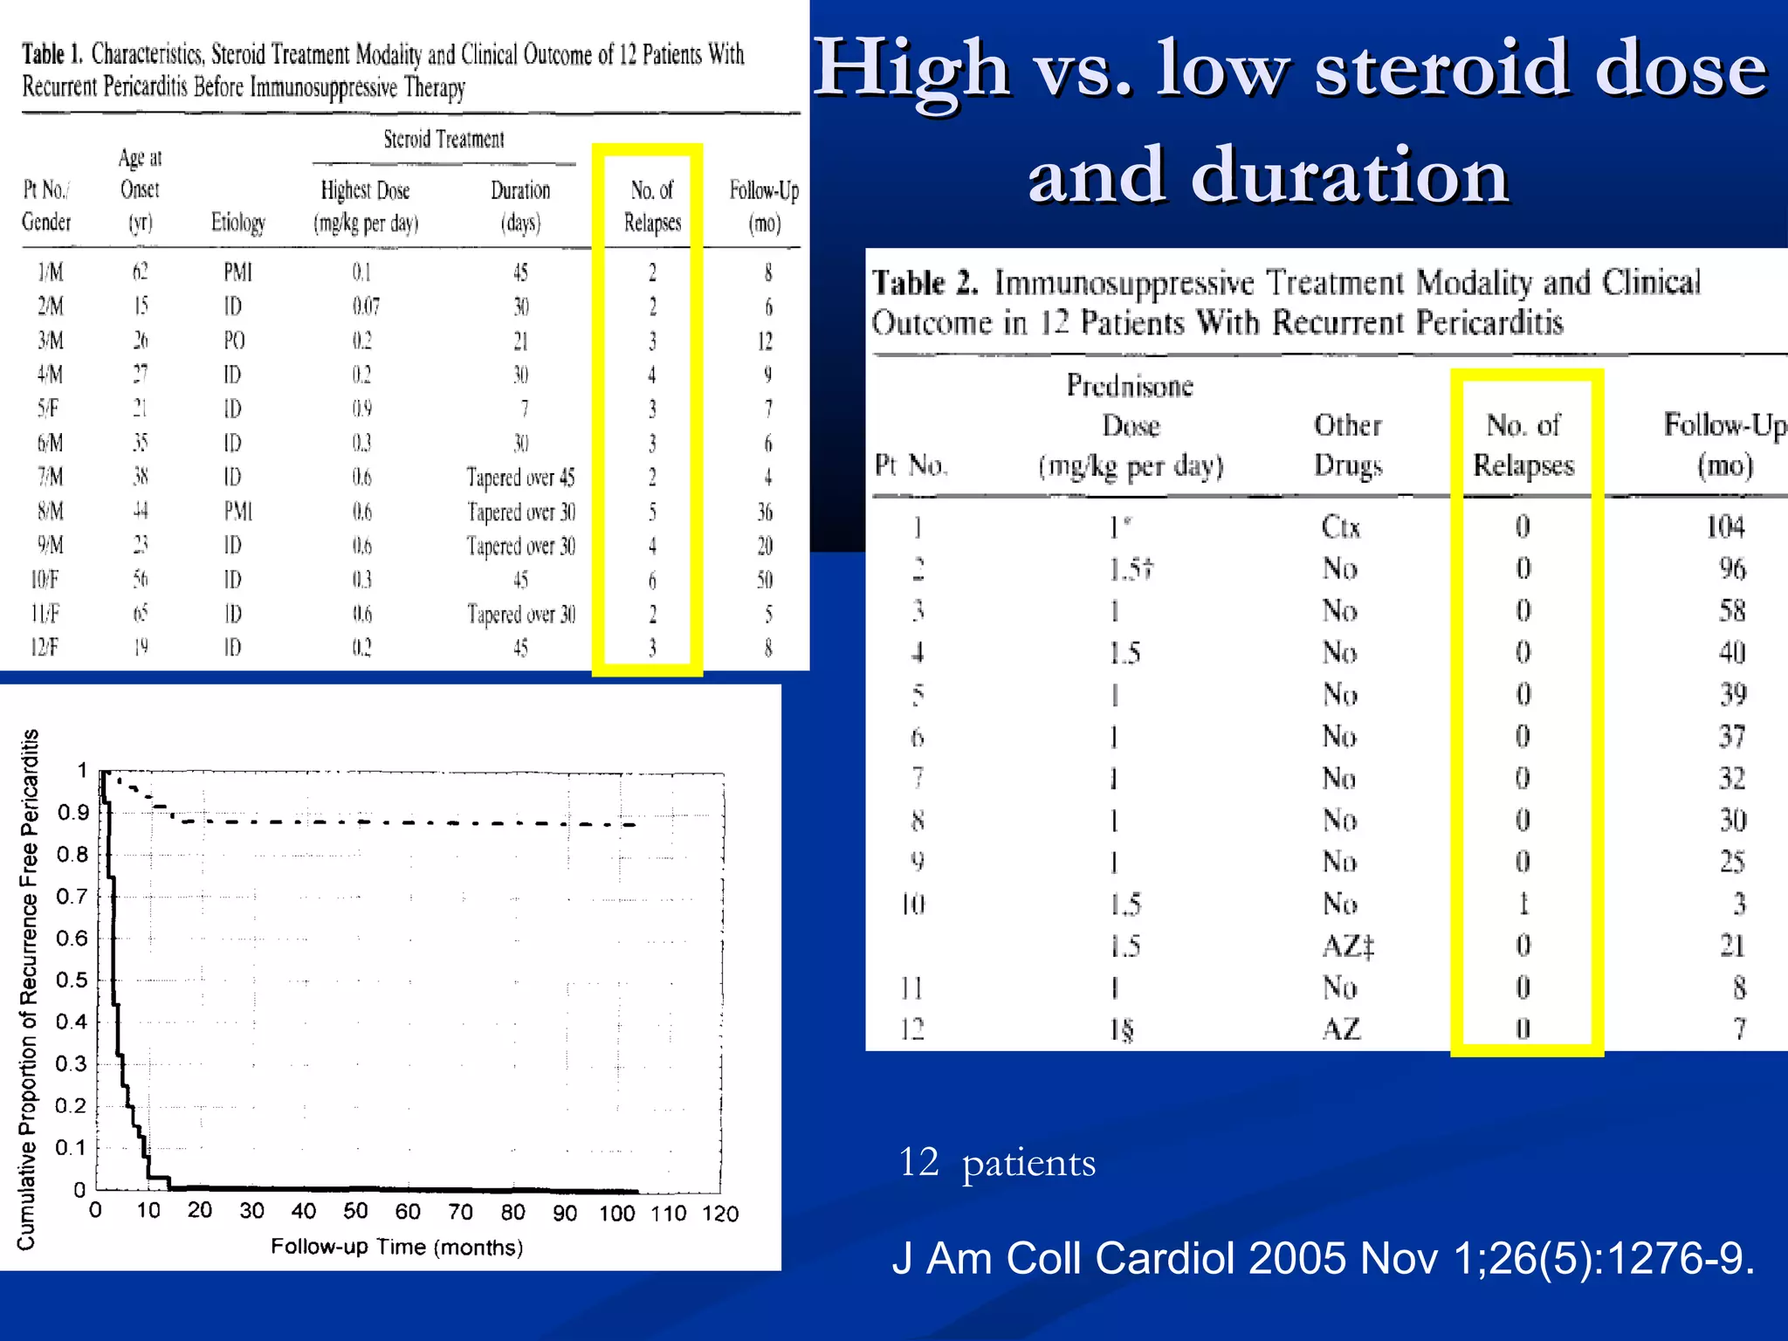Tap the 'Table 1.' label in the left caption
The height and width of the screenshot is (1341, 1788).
[x=52, y=54]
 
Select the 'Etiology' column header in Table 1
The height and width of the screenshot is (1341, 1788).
[x=237, y=223]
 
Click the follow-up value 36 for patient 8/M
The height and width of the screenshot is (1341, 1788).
[x=765, y=512]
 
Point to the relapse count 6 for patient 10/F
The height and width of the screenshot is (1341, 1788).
[x=652, y=581]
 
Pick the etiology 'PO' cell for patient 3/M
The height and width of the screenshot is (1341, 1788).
[x=234, y=340]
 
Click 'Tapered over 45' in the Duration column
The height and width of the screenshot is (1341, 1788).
[x=520, y=478]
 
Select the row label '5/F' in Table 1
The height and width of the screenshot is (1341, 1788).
[x=48, y=409]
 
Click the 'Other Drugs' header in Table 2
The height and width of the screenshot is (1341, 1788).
[x=1348, y=445]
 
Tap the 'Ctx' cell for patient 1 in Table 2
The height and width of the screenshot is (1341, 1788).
[x=1340, y=527]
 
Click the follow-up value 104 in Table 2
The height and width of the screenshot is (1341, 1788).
[x=1725, y=527]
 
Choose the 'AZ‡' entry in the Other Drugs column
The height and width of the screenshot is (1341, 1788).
[x=1348, y=946]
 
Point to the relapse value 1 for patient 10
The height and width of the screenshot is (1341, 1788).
[x=1523, y=904]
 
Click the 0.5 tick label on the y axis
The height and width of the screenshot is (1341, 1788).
[x=72, y=980]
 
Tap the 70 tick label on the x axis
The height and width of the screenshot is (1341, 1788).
[x=460, y=1212]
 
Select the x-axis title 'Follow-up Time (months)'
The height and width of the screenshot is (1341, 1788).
[x=396, y=1247]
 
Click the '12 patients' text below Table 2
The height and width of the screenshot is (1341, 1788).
[x=996, y=1163]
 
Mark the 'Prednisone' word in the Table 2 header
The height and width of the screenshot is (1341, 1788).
[x=1130, y=386]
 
